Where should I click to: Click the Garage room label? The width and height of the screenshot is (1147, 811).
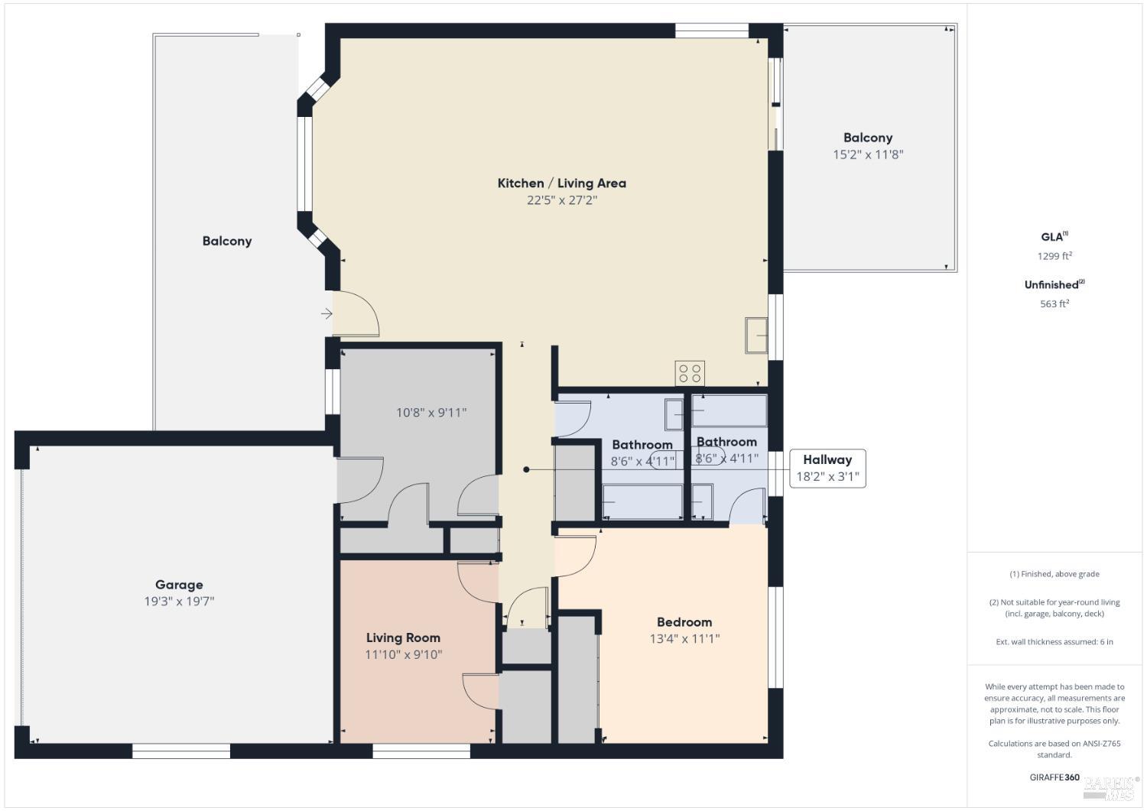coord(179,585)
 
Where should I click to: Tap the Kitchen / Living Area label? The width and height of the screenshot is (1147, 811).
coord(561,183)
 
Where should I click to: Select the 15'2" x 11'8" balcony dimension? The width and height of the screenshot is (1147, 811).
coord(868,154)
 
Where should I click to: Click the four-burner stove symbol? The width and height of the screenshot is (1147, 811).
coord(690,374)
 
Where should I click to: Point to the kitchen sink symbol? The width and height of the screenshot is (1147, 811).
coord(756,336)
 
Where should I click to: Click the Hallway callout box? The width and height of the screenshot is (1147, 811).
coord(827,468)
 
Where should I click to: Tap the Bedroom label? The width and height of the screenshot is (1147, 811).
coord(684,622)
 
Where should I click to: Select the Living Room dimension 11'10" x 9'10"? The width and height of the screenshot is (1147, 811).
coord(403,654)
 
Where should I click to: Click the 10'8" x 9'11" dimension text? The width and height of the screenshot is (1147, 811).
coord(431,413)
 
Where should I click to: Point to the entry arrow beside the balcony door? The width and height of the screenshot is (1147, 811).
coord(327,313)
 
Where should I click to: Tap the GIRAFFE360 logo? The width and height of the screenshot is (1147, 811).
coord(1054,777)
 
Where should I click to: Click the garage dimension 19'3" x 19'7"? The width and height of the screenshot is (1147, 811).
coord(179,602)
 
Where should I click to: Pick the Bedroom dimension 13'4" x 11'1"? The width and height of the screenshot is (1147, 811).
coord(684,639)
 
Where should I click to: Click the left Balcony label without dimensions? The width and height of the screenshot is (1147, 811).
coord(227,241)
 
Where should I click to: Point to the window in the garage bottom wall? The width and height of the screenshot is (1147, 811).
coord(181,751)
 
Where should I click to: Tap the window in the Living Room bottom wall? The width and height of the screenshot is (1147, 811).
coord(421,751)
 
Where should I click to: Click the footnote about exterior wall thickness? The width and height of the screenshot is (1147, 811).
coord(1054,641)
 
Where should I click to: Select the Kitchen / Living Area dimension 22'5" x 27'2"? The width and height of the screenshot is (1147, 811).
coord(561,200)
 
